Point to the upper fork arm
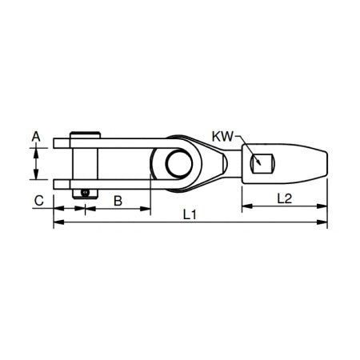tap(104, 144)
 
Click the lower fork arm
tap(104, 184)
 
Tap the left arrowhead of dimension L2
tap(245, 206)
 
